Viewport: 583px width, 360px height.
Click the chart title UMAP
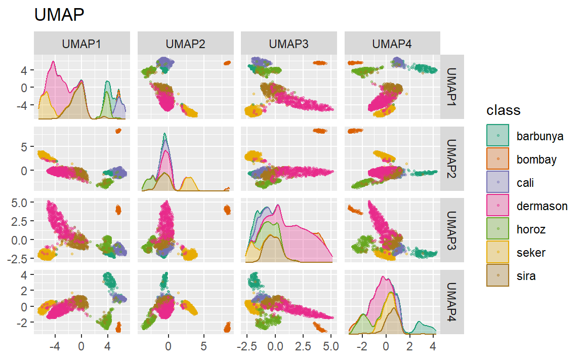[x=59, y=15]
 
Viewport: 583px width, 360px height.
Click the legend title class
[x=503, y=110]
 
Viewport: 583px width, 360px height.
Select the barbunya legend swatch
[x=498, y=136]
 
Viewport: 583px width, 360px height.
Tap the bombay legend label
[x=536, y=159]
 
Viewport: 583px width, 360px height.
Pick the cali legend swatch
[x=498, y=183]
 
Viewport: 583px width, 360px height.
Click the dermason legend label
[x=542, y=206]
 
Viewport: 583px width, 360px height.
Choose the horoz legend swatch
[x=498, y=229]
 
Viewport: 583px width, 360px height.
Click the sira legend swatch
[x=498, y=276]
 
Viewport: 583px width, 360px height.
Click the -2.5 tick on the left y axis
[x=18, y=258]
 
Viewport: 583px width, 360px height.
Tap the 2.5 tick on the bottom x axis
[x=303, y=348]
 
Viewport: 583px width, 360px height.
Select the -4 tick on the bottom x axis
[x=55, y=348]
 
